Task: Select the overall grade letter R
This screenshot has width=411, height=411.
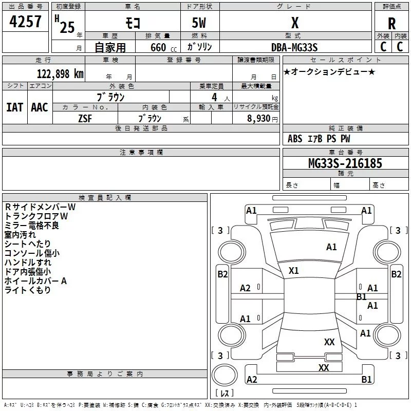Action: [392, 24]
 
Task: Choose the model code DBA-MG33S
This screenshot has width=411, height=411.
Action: [295, 47]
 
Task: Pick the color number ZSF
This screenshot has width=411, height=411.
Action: [85, 118]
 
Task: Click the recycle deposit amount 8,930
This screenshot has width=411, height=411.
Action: [260, 118]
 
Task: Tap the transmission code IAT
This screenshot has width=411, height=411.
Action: [14, 107]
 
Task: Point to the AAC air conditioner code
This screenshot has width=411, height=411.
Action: [39, 107]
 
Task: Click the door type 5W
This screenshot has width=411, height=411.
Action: [199, 24]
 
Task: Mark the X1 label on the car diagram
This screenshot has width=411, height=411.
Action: [294, 270]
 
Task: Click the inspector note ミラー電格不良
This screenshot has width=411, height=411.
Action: [32, 226]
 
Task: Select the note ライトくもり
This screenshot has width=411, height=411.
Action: [28, 290]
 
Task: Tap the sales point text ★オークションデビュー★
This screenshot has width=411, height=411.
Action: [329, 72]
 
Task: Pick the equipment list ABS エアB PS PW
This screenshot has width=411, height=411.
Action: [319, 139]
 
